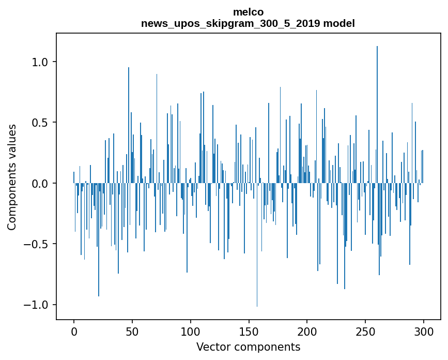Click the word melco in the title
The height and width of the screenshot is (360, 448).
248,12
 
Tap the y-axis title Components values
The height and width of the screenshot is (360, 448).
12,177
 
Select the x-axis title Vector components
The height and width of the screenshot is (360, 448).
248,347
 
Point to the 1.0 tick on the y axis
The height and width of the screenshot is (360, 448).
40,62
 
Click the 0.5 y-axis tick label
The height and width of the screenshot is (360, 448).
40,123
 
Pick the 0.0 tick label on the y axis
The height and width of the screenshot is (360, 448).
40,183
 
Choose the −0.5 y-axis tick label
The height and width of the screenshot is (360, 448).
37,244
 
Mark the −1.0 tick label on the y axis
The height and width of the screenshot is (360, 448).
37,304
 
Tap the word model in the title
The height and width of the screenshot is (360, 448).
339,23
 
